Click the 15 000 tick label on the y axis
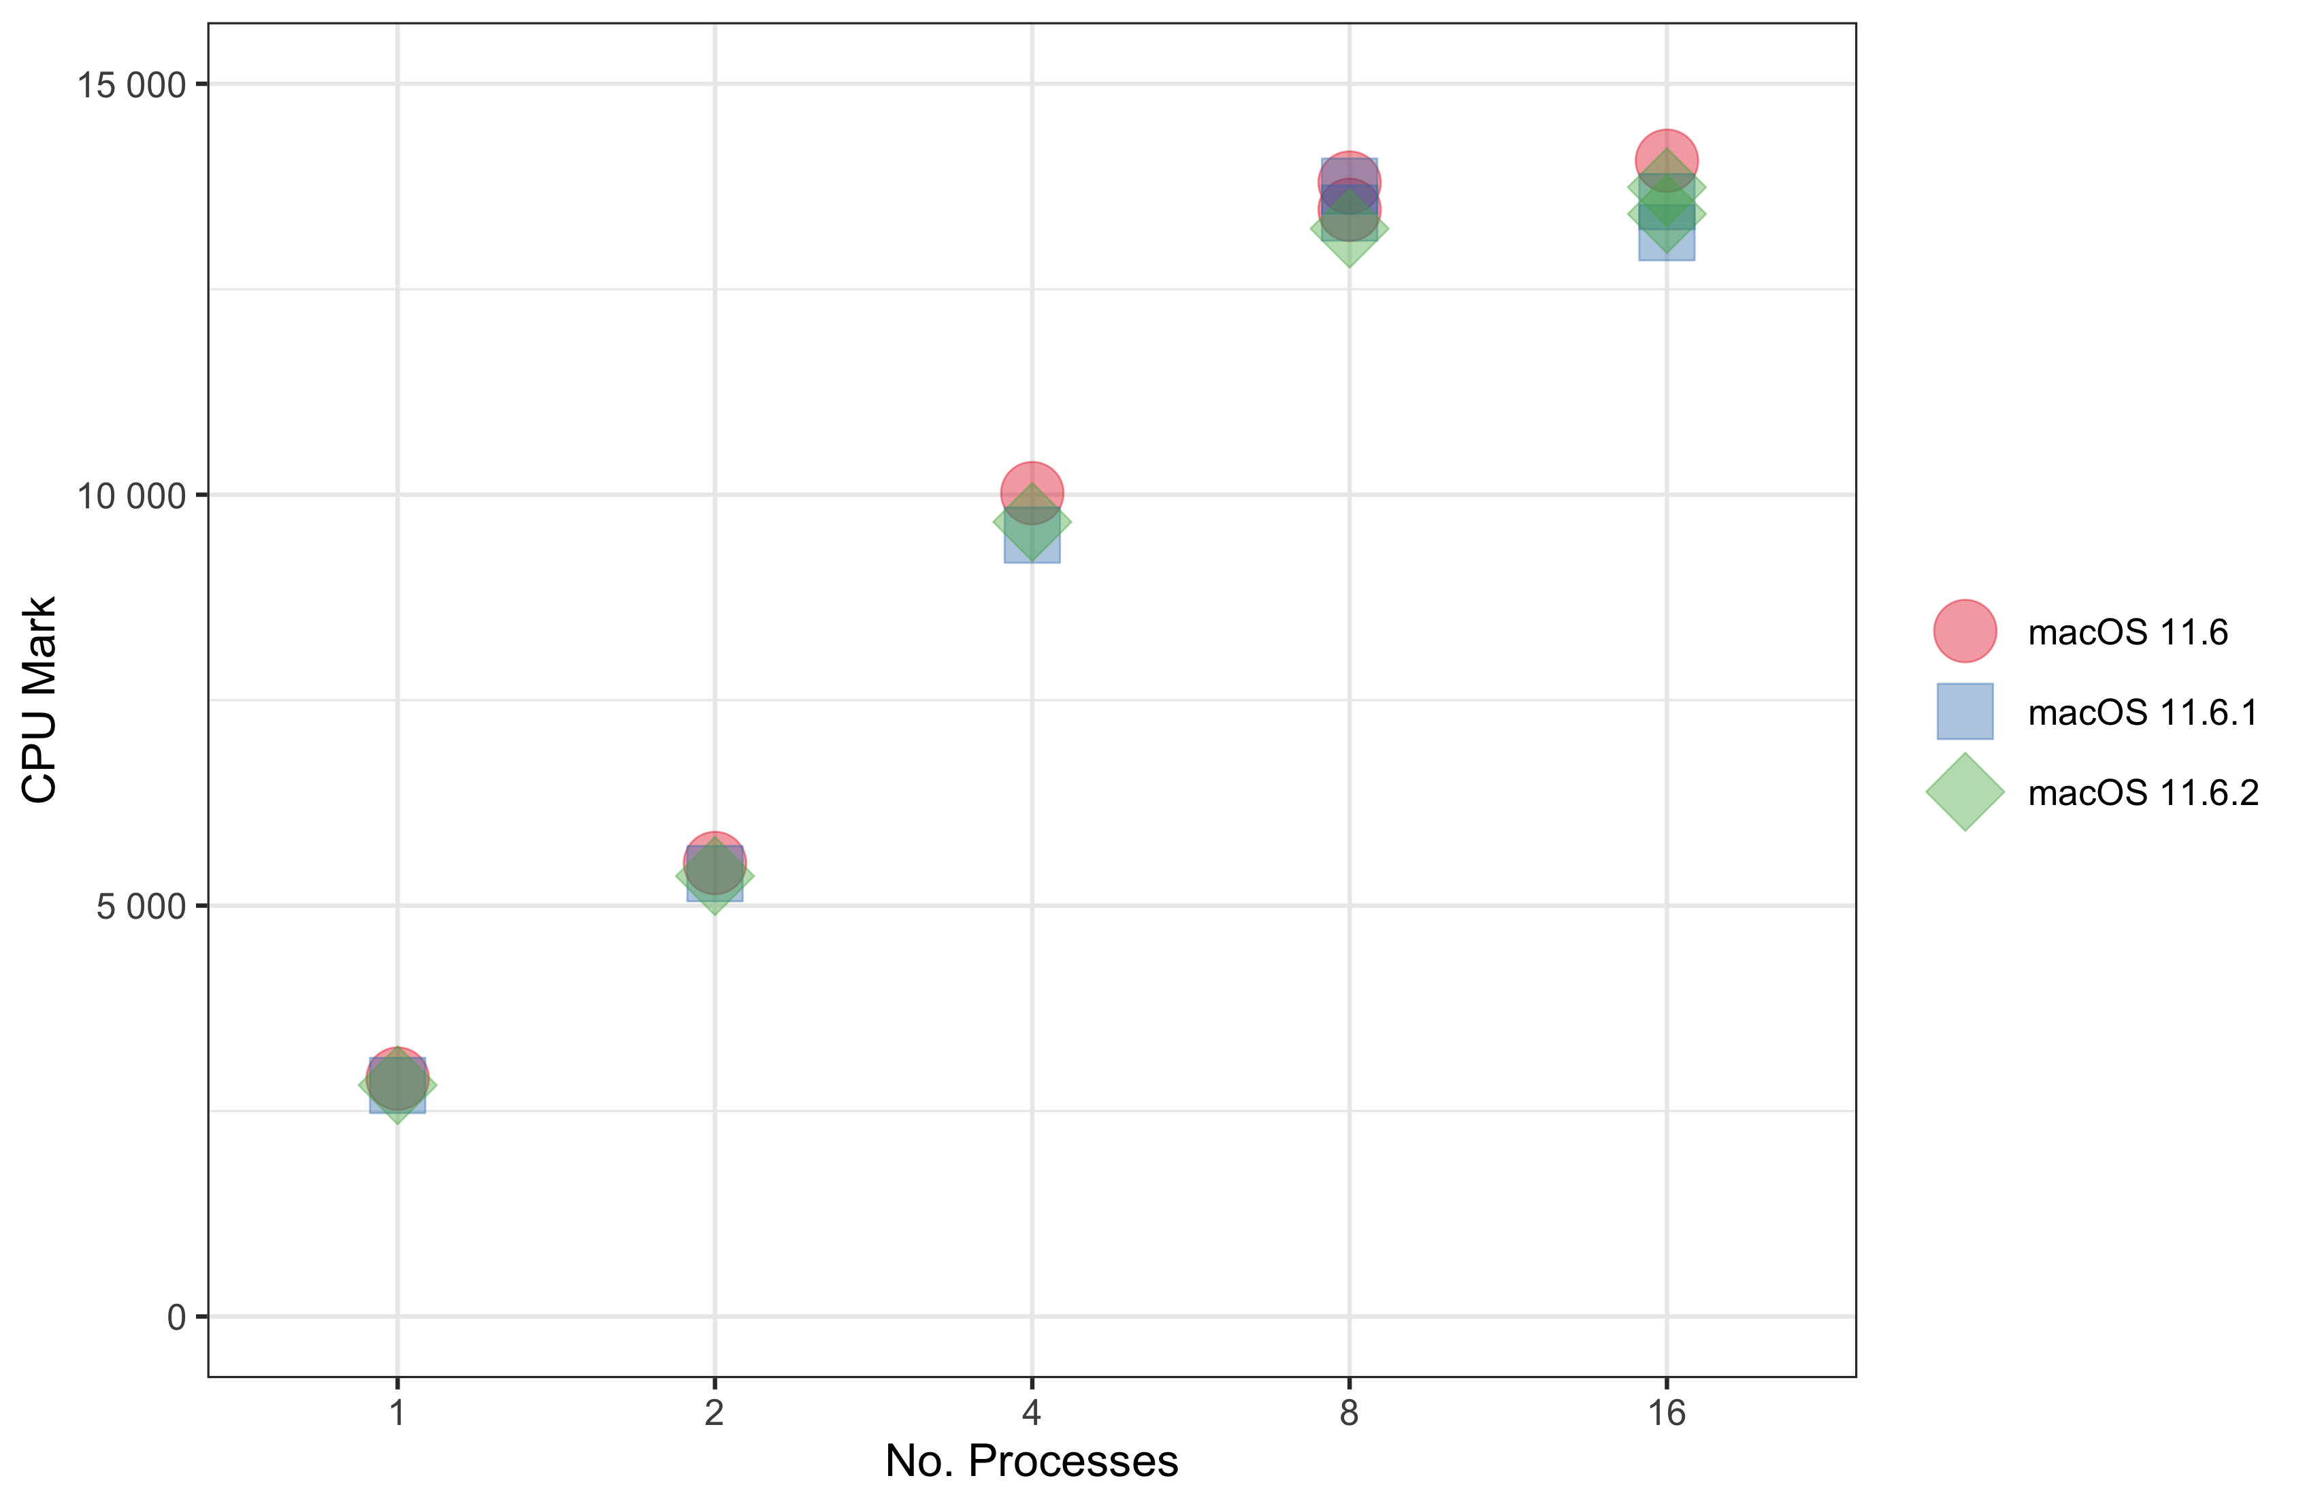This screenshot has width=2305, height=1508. coord(131,85)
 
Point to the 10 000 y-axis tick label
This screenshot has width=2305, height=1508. coord(131,496)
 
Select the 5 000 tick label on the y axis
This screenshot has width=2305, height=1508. coord(140,906)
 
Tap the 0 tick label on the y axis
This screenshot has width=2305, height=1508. coord(176,1317)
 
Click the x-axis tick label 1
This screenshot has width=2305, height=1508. coord(397,1413)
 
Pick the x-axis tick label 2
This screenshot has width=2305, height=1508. coord(715,1413)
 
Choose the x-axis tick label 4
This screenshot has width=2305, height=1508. coord(1032,1413)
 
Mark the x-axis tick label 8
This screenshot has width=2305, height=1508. coord(1349,1413)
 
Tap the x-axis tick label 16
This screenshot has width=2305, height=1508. coord(1667,1413)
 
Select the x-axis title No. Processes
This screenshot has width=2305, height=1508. coord(1032,1462)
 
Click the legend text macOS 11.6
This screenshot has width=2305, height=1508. coord(2128,632)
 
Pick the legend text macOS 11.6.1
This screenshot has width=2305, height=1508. coord(2142,713)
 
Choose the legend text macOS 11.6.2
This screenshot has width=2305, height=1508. coord(2142,793)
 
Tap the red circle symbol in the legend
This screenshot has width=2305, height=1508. coord(1965,632)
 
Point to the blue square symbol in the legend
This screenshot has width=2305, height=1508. coord(1965,712)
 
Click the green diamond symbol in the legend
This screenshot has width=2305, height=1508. coord(1965,792)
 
